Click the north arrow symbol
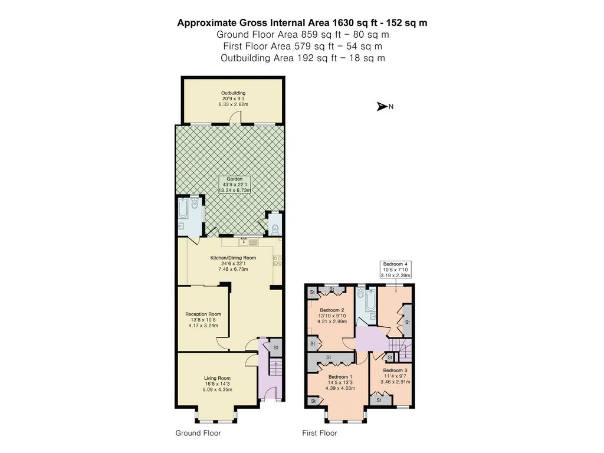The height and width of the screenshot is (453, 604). [382, 107]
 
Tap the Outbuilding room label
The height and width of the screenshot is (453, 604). [233, 99]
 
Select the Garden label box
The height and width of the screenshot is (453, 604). [235, 185]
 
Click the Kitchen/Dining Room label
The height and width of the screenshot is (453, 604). [233, 264]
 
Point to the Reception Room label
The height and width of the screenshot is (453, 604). [203, 320]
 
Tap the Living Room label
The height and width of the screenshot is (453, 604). [217, 383]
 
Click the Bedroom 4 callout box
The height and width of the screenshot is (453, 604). [395, 270]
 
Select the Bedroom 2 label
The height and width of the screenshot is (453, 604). [331, 316]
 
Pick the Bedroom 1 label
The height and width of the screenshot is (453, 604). [340, 382]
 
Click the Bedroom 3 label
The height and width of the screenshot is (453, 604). [395, 376]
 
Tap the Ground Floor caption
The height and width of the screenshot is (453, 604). [198, 433]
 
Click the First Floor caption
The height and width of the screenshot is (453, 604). [319, 433]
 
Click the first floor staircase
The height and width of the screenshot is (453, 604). [400, 350]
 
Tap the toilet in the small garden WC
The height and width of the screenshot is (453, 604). [275, 229]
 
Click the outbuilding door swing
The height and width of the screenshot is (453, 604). [236, 118]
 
